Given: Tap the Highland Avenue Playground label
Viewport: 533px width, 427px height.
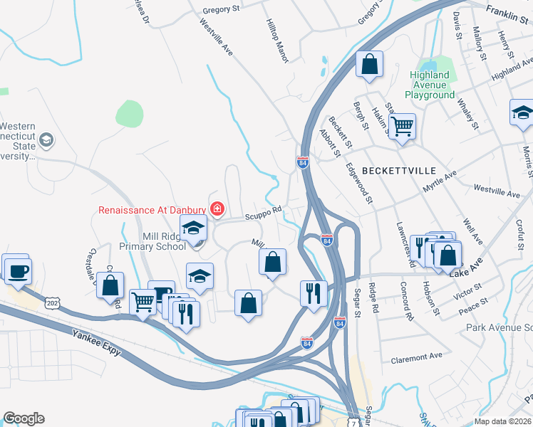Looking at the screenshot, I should coord(430,85).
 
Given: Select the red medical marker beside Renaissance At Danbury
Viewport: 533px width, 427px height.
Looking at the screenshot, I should coord(217,209).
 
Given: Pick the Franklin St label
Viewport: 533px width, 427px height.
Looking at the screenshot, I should coord(509,11).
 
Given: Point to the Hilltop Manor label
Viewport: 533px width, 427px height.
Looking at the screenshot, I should coord(276,41).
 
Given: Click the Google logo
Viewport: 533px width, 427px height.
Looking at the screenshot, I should coord(24,418).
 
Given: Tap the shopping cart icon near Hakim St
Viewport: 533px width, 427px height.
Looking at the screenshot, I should coord(403,126).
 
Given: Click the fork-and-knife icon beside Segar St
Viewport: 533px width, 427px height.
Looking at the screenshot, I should coord(314,292).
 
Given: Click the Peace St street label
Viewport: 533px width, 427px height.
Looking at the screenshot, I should coord(472,302).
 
